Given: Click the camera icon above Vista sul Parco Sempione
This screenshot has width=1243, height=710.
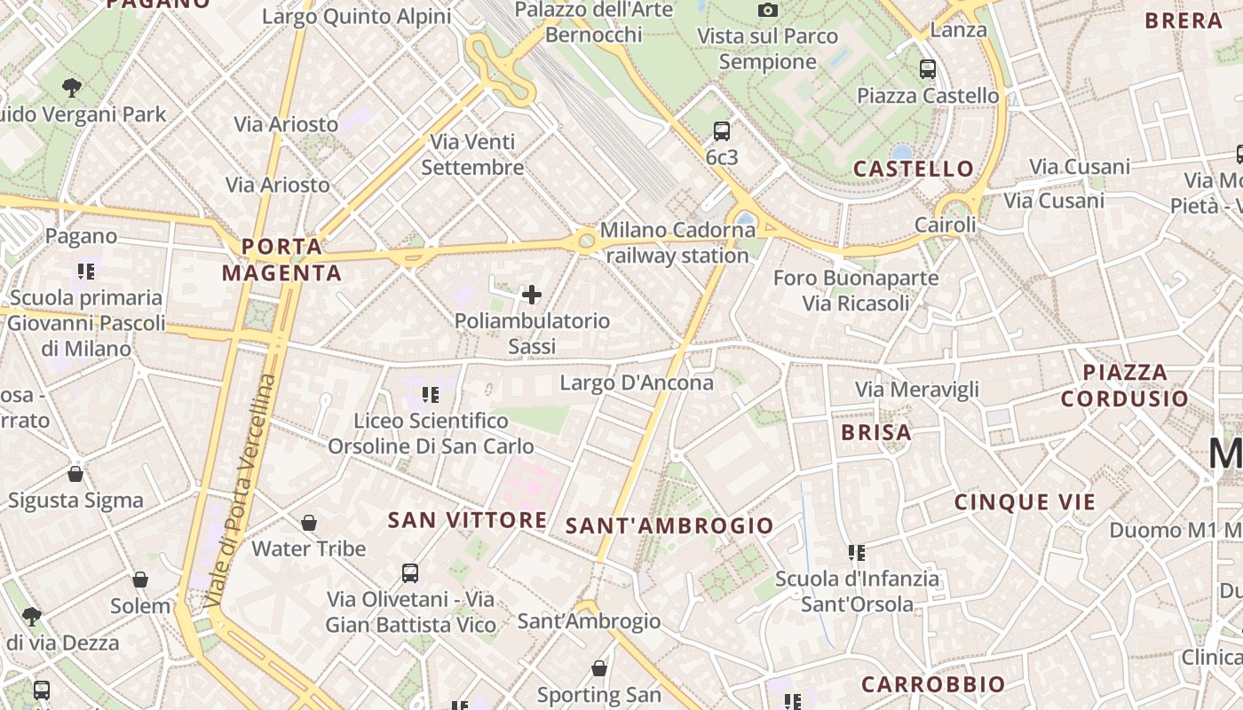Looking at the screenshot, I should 768,11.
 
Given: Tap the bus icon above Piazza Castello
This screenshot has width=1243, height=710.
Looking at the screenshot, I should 928,68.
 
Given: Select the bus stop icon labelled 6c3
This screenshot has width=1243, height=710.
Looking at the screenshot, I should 722,131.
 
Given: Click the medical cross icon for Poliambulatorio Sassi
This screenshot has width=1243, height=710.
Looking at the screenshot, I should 532,295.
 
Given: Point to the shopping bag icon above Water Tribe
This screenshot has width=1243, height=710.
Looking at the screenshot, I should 309,523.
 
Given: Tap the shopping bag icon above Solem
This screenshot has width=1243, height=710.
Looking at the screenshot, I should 140,580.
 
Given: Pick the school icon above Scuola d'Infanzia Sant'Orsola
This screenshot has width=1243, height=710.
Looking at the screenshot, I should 857,553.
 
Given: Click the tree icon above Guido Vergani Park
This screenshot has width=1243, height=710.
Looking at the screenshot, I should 72,88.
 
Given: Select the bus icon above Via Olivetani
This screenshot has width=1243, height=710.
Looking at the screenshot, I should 409,573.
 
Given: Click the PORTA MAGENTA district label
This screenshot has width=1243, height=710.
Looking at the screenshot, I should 282,259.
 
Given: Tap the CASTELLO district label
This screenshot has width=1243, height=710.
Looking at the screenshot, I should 914,169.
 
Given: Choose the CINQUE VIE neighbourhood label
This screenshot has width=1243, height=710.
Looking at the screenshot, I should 1025,502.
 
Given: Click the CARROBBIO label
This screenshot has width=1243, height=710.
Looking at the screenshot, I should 933,684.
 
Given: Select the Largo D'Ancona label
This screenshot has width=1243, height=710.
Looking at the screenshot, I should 637,383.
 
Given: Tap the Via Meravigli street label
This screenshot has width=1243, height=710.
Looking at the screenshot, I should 917,390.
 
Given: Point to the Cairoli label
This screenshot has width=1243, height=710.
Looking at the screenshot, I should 946,225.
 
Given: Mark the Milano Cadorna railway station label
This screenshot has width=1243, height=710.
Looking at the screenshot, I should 677,242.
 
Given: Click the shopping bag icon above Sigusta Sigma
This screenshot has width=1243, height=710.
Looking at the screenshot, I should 75,474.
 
